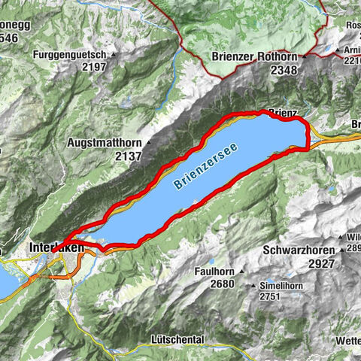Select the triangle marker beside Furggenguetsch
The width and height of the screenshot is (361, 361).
click(x=116, y=55)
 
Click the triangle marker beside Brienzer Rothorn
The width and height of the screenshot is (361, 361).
click(x=304, y=57)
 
